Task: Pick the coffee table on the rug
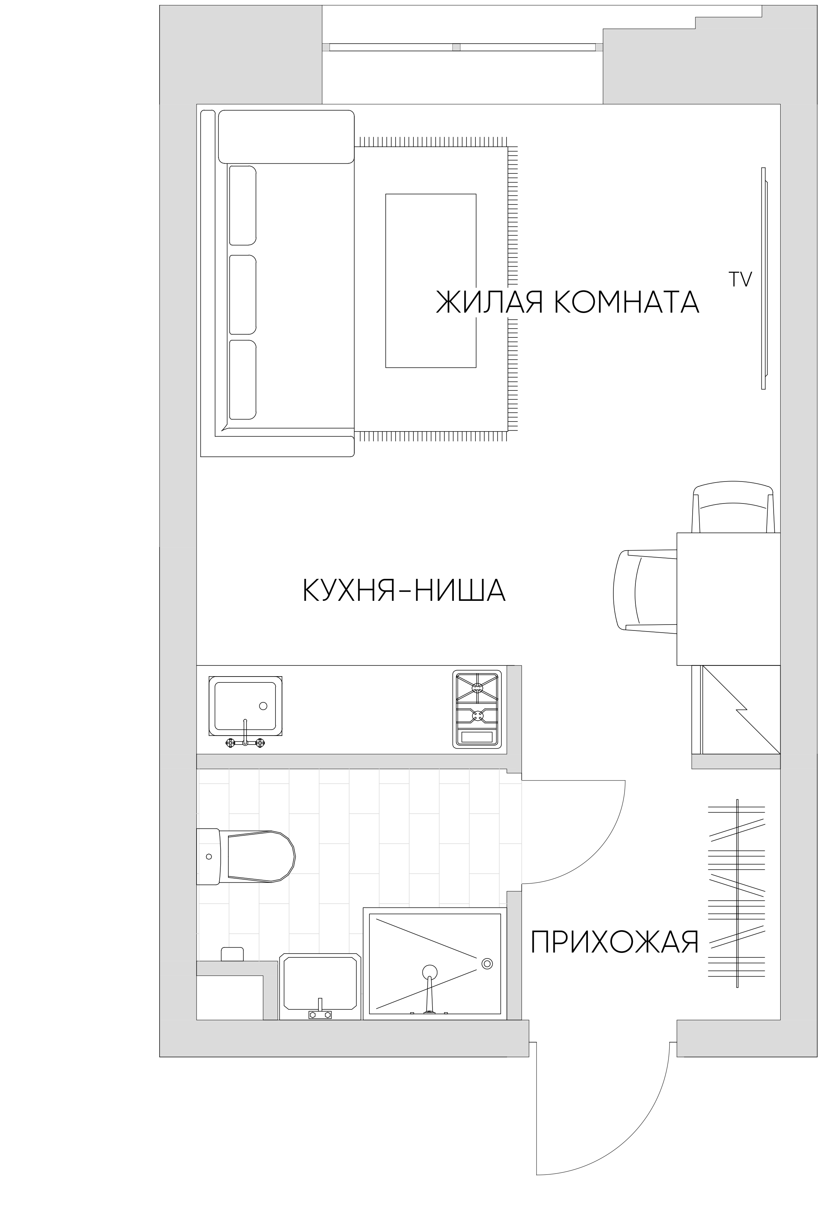coord(430,280)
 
